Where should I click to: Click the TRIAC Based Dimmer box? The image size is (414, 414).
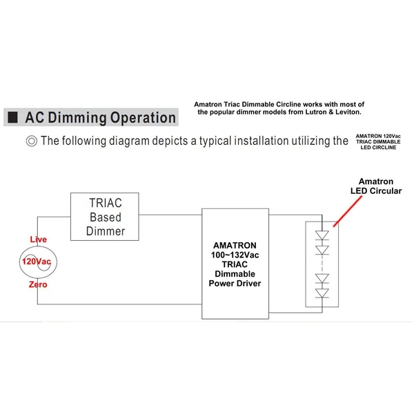(106, 217)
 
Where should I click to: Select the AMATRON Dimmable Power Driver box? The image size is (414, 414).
(236, 258)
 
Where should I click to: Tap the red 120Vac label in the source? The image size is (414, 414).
(35, 262)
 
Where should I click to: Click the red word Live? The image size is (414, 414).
(38, 239)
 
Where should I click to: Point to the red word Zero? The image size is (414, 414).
(38, 284)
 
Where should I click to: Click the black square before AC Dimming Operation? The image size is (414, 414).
(12, 117)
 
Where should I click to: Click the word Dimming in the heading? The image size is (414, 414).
(82, 117)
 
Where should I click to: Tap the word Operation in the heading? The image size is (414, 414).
(143, 117)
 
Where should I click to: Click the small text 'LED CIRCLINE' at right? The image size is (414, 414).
(380, 147)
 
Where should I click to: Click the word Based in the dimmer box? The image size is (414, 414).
(106, 217)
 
